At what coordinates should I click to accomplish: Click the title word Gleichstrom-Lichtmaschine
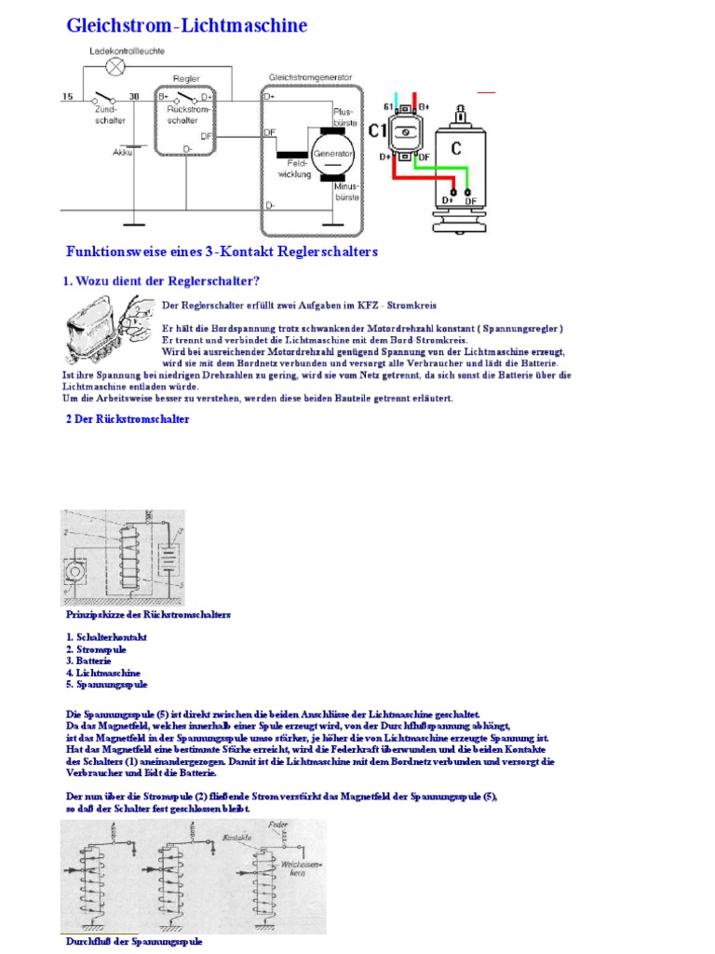pyautogui.click(x=186, y=25)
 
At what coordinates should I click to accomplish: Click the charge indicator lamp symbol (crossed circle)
pyautogui.click(x=115, y=66)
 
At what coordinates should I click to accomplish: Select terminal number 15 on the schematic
pyautogui.click(x=67, y=96)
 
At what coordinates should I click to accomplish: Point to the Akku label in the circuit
pyautogui.click(x=122, y=151)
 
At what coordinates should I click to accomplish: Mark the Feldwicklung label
pyautogui.click(x=294, y=169)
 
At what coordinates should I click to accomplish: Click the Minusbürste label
pyautogui.click(x=345, y=192)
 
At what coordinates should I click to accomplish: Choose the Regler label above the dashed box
pyautogui.click(x=187, y=79)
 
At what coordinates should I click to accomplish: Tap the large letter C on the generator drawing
pyautogui.click(x=456, y=148)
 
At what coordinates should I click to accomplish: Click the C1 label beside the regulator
pyautogui.click(x=377, y=131)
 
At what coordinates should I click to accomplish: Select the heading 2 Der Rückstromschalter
pyautogui.click(x=128, y=419)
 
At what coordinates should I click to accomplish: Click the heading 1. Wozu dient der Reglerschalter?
pyautogui.click(x=161, y=281)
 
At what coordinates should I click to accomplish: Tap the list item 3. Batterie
pyautogui.click(x=89, y=660)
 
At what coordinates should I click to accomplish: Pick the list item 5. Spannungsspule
pyautogui.click(x=106, y=684)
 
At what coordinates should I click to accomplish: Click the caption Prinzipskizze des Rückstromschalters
pyautogui.click(x=148, y=615)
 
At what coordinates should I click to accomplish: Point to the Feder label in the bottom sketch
pyautogui.click(x=276, y=825)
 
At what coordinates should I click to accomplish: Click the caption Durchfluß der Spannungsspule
pyautogui.click(x=133, y=942)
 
